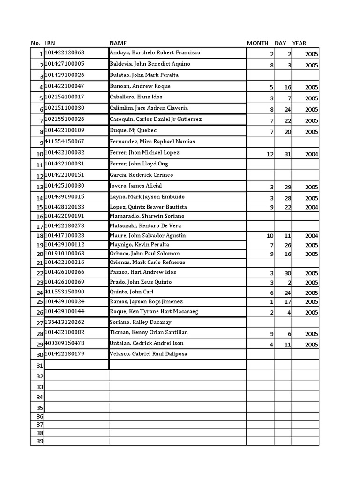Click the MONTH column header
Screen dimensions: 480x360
click(257, 43)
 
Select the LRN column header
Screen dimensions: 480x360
click(50, 43)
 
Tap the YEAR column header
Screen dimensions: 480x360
click(299, 43)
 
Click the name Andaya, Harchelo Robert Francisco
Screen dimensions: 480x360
click(155, 53)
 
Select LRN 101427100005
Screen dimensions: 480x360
click(65, 64)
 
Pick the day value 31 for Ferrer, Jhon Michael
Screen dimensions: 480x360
click(288, 154)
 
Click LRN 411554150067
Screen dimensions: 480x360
click(65, 141)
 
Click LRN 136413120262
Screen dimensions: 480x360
click(65, 322)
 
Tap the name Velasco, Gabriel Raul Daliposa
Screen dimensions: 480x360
click(148, 354)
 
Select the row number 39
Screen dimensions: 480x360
click(40, 441)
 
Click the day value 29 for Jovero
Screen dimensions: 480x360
click(288, 187)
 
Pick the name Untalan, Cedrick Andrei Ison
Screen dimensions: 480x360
click(146, 343)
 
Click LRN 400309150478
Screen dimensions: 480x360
click(65, 343)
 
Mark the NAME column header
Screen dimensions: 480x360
click(118, 43)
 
